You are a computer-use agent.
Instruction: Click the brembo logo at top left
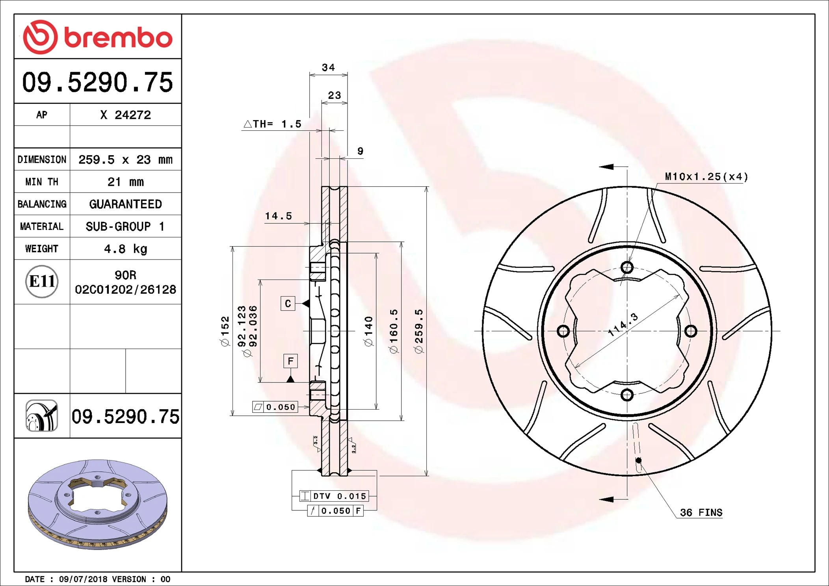click(97, 37)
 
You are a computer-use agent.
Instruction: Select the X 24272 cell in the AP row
click(125, 115)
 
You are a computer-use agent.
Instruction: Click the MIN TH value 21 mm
click(125, 182)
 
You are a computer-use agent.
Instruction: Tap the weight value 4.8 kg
click(125, 249)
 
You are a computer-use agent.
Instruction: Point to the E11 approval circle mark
click(42, 282)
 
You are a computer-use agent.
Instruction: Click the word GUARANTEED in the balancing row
click(125, 204)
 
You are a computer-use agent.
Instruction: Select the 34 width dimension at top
click(328, 68)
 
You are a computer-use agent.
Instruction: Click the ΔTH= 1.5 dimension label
click(273, 124)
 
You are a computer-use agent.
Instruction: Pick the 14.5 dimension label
click(278, 216)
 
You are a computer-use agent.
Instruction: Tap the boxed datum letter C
click(288, 304)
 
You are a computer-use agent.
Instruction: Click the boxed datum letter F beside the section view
click(290, 361)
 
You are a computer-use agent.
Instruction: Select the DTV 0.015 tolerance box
click(335, 496)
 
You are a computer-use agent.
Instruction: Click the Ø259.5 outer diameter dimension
click(419, 331)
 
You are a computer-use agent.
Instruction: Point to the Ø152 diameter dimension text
click(225, 331)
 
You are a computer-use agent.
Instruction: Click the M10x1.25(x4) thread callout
click(706, 177)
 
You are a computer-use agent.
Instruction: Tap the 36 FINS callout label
click(701, 513)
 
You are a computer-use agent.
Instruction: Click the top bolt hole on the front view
click(627, 268)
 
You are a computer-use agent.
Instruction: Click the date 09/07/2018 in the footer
click(83, 579)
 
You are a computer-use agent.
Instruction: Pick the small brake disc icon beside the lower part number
click(42, 416)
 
